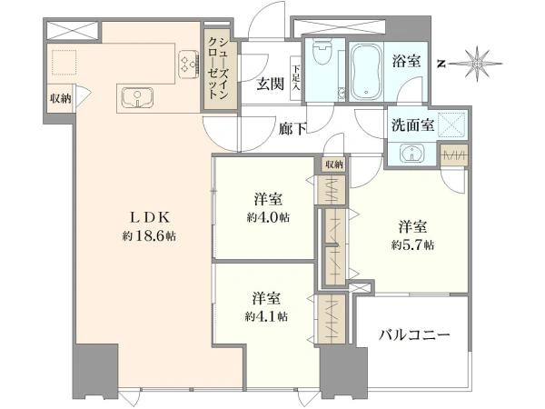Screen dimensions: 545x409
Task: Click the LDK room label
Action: point(150,218)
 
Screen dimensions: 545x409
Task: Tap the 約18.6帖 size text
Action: point(149,236)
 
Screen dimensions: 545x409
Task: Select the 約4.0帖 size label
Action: point(268,218)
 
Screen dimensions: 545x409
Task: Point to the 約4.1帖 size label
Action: point(266,316)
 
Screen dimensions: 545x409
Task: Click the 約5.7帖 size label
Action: point(412,245)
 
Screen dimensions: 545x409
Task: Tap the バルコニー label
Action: point(414,335)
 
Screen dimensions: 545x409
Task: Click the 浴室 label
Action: point(406,61)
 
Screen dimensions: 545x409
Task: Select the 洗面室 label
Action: point(413,125)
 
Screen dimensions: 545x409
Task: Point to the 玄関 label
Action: point(270,84)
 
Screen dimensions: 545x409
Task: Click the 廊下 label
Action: point(292,129)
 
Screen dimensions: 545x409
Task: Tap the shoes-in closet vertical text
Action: point(218,69)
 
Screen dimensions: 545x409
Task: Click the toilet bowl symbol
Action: point(322,52)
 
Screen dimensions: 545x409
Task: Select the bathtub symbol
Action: point(366,72)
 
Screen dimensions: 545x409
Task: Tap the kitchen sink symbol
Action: point(138,97)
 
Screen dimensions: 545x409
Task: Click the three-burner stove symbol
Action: point(189,65)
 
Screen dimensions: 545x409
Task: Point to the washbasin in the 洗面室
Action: point(411,153)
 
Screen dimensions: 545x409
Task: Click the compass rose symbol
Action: point(478,64)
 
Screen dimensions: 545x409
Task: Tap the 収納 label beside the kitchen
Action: point(61,98)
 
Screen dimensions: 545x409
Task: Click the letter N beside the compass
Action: point(441,64)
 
